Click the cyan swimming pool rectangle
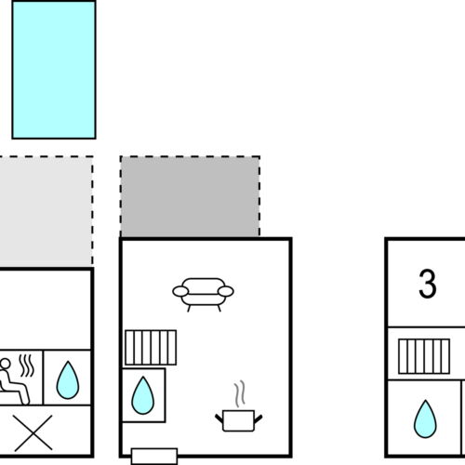tap(54, 70)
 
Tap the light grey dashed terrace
tap(46, 212)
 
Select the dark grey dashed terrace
tap(190, 196)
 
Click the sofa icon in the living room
tap(203, 295)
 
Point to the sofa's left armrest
tap(180, 291)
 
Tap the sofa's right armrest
tap(226, 291)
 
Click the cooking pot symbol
tap(239, 420)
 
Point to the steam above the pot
tap(240, 393)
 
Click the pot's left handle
tap(219, 418)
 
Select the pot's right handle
tap(259, 418)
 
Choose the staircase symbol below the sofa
tap(151, 347)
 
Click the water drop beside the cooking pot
tap(142, 395)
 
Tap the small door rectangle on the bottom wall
tap(154, 457)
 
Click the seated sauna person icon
tap(14, 381)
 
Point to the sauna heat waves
tap(27, 365)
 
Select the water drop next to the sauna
tap(68, 379)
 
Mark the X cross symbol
tap(33, 432)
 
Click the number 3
tap(428, 284)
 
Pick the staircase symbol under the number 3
tap(424, 356)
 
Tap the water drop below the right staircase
tap(425, 418)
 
